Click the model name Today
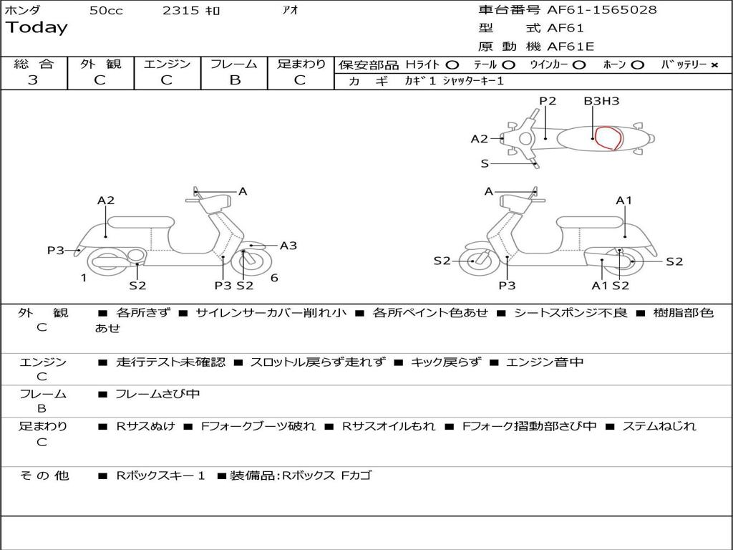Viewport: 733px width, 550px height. [x=37, y=28]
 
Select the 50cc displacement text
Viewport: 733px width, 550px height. [x=106, y=11]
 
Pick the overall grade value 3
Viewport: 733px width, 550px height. [x=33, y=80]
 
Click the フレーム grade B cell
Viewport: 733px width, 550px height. [x=234, y=80]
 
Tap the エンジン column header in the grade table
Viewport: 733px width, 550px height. [x=167, y=64]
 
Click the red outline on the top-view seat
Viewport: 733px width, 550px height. [x=608, y=138]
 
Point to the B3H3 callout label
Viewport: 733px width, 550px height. [x=601, y=101]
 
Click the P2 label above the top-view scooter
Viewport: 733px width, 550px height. [x=548, y=101]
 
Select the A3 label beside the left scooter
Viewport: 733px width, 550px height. [x=288, y=246]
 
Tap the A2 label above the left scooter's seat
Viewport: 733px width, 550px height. [x=106, y=201]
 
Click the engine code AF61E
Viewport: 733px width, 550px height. [x=571, y=47]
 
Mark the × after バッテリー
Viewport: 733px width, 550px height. [x=714, y=64]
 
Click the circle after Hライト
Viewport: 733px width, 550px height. [x=452, y=64]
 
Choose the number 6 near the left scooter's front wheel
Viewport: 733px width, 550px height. [x=274, y=278]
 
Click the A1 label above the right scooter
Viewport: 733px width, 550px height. [x=624, y=201]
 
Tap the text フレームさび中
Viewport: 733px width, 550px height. [x=157, y=394]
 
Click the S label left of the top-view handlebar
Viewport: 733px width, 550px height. [x=485, y=163]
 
